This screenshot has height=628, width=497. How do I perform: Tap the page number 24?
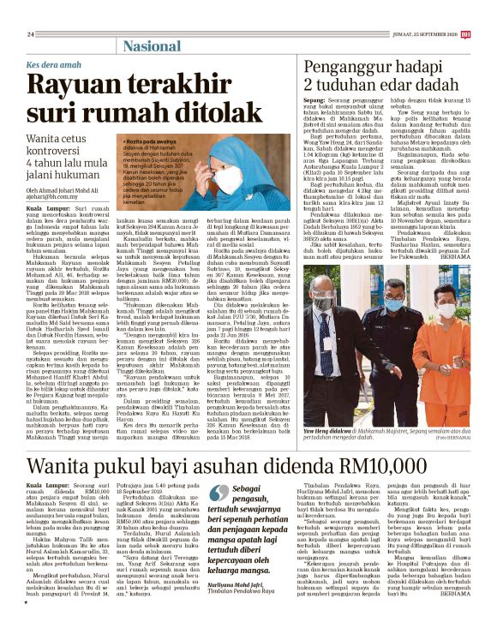31,34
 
